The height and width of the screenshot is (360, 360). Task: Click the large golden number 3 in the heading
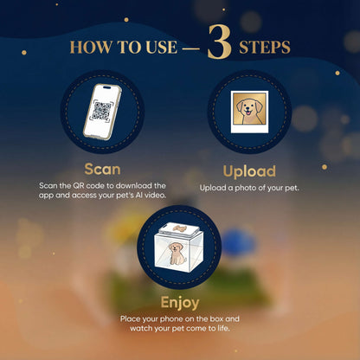pos(219,44)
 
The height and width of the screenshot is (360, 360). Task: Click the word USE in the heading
pos(160,48)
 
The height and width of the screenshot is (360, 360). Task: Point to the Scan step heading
pos(102,170)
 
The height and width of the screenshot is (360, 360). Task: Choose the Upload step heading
pos(249,170)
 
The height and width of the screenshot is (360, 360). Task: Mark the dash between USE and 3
pos(191,48)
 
